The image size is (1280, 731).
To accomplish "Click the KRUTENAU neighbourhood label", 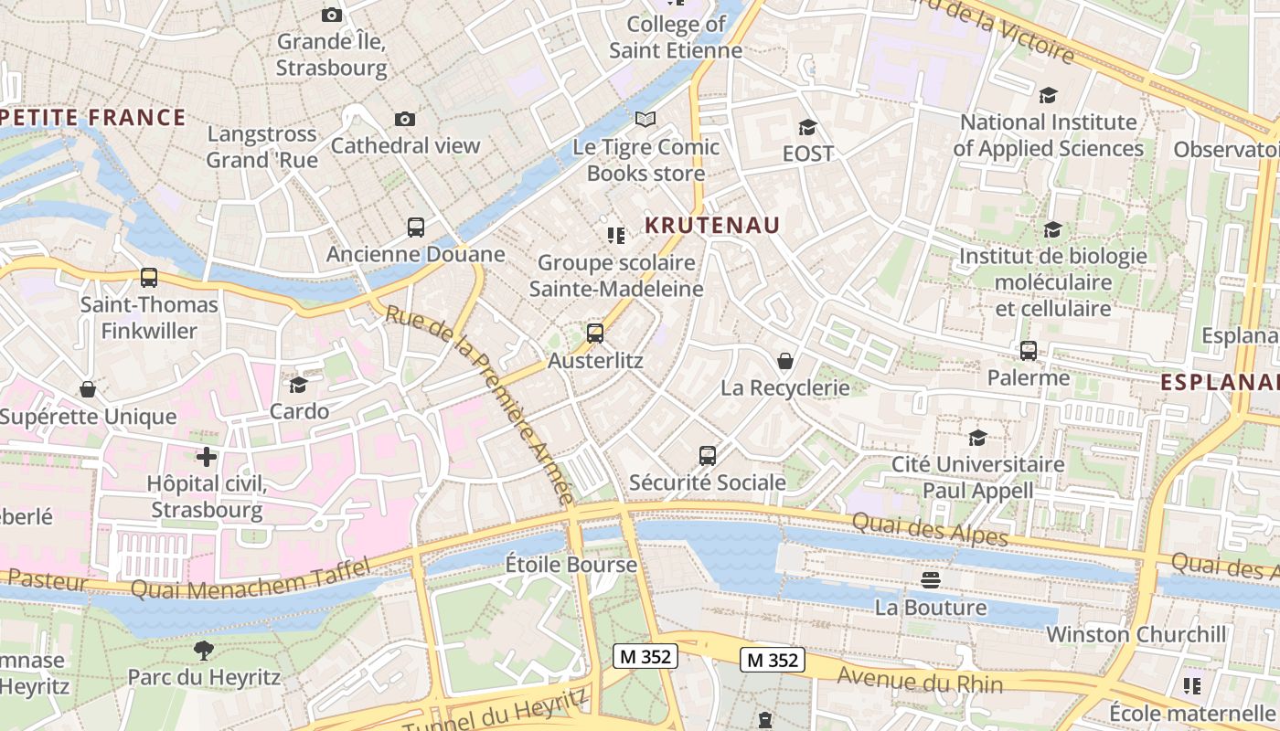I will [712, 225].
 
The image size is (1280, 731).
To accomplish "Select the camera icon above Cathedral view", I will [405, 119].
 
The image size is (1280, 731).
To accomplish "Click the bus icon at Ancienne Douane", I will [416, 227].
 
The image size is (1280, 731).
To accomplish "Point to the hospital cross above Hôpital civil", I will [207, 456].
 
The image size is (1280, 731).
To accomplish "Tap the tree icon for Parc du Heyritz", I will [204, 650].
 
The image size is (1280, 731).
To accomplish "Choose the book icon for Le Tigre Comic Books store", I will [645, 119].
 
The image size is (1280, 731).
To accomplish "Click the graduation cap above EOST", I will [807, 127].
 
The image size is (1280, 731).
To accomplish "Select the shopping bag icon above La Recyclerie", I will [784, 361].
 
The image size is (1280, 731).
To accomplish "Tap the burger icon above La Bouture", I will [931, 579].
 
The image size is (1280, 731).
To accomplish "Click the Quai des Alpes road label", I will [930, 529].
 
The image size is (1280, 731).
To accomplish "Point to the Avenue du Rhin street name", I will [920, 680].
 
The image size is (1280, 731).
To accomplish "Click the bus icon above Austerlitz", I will [595, 334].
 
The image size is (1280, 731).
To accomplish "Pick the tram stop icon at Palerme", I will [1029, 351].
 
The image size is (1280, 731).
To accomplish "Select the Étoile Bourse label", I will [571, 565].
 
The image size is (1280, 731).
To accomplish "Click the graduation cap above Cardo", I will [299, 385].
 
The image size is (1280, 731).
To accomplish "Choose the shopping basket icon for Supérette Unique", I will [88, 390].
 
